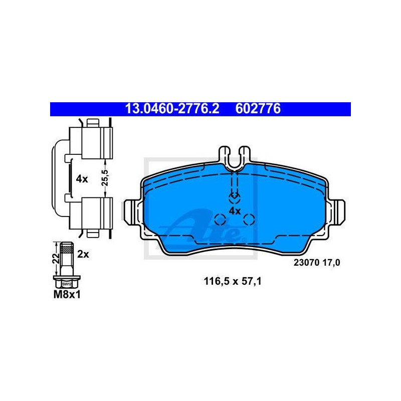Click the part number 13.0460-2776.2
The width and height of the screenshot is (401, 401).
pyautogui.click(x=172, y=109)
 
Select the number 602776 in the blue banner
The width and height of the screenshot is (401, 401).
pyautogui.click(x=258, y=109)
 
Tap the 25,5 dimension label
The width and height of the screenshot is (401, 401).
pyautogui.click(x=105, y=178)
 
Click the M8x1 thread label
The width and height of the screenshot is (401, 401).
pyautogui.click(x=67, y=295)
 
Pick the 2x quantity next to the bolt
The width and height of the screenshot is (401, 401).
pyautogui.click(x=83, y=255)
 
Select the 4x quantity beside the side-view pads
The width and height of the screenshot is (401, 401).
pyautogui.click(x=82, y=179)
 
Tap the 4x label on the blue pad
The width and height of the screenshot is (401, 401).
pyautogui.click(x=235, y=211)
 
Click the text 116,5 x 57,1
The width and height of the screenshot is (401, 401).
pyautogui.click(x=233, y=281)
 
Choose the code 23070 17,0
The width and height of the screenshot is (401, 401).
pyautogui.click(x=317, y=263)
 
